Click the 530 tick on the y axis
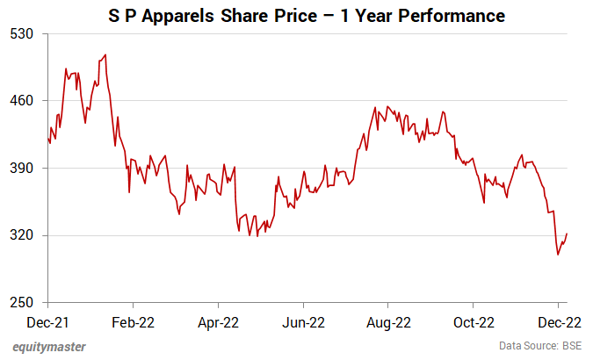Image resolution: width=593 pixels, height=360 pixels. click(x=21, y=33)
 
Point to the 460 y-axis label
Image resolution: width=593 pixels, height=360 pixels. click(x=21, y=101)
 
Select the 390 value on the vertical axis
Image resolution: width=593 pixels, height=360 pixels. click(x=21, y=168)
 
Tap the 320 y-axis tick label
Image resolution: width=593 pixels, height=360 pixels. click(x=21, y=235)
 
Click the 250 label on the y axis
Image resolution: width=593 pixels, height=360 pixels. click(x=21, y=303)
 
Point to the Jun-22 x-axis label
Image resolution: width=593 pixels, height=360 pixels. click(x=304, y=322)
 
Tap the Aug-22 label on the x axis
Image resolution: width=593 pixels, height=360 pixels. click(x=388, y=322)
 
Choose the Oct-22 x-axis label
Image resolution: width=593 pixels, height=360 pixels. click(x=474, y=322)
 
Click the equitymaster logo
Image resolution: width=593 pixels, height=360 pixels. click(x=49, y=347)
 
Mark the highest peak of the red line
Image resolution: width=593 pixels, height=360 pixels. click(x=105, y=55)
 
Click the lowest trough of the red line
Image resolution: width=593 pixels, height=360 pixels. click(x=558, y=255)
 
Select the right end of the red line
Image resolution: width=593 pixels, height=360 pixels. click(x=568, y=234)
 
